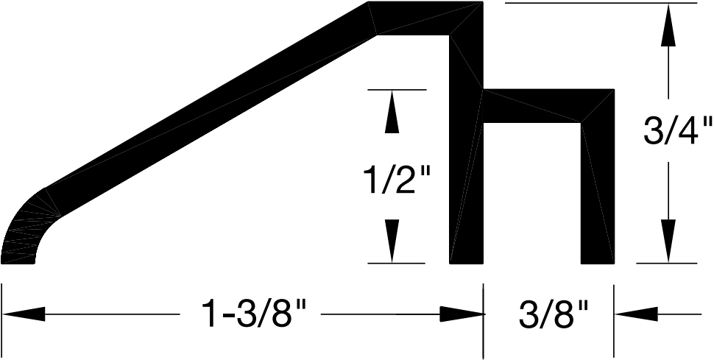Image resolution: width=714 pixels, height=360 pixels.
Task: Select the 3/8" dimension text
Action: click(x=554, y=314)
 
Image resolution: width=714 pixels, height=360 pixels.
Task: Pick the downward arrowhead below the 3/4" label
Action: click(x=668, y=241)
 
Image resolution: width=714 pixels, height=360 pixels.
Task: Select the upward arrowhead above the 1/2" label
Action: click(x=392, y=112)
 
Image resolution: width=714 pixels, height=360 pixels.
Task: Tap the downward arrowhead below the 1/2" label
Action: click(x=392, y=241)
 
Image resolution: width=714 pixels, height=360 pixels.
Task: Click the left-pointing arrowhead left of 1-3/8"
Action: click(x=24, y=314)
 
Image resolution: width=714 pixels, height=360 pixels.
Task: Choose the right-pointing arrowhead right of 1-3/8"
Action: click(x=461, y=314)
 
